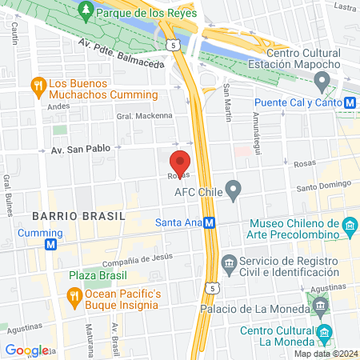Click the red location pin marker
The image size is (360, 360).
point(181,162)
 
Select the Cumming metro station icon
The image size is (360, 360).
point(52,243)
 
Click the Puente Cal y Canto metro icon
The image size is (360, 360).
point(350,102)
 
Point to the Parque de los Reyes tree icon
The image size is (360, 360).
point(86,12)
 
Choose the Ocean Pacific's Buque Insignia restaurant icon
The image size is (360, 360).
point(74,297)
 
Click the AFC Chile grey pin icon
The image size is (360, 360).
point(234,190)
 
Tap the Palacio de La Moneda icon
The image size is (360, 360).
point(320,305)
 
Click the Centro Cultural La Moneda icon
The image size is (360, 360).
point(324,333)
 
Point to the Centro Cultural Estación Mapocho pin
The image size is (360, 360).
point(322,80)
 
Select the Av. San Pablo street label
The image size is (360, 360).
point(79,150)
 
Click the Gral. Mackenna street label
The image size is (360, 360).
point(145,116)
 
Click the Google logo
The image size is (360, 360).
point(26,350)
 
